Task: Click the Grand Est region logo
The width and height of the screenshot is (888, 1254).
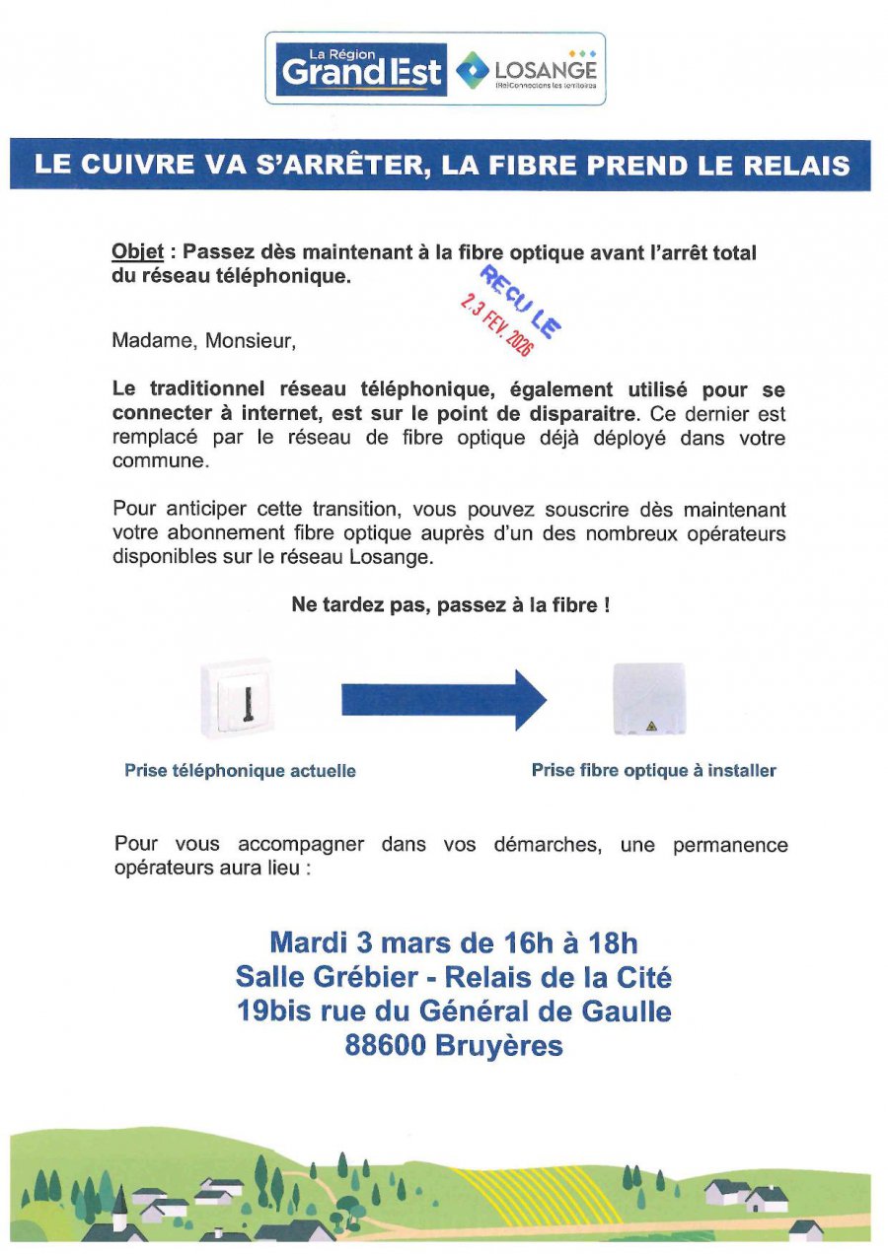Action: click(360, 69)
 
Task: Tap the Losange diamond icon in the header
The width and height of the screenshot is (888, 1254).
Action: click(472, 70)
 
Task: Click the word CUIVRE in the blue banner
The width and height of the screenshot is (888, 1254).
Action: click(145, 165)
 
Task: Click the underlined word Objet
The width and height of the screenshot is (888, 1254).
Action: click(137, 253)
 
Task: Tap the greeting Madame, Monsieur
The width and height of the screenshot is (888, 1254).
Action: click(203, 342)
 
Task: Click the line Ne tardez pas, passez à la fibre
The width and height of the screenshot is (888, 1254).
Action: click(450, 605)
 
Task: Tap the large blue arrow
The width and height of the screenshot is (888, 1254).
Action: click(443, 700)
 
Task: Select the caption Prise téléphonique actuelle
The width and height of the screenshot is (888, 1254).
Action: click(240, 771)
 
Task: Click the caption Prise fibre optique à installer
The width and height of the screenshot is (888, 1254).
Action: click(653, 771)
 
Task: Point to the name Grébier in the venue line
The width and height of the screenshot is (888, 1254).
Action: click(377, 978)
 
